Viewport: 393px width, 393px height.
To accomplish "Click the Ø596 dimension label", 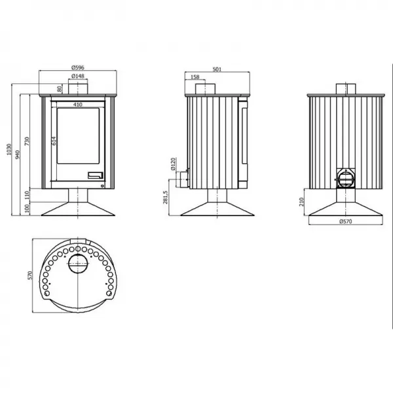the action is [x=78, y=67].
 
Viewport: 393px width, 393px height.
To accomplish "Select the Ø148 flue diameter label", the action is [x=78, y=76].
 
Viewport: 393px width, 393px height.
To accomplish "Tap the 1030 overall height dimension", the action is [x=9, y=149].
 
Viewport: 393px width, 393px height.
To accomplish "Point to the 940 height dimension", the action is [x=17, y=155].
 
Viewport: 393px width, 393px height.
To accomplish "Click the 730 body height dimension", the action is [x=27, y=141].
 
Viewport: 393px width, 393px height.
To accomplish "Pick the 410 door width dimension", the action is [x=78, y=105].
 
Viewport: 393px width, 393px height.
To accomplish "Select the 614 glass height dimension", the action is [x=54, y=141].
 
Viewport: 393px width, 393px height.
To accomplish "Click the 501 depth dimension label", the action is [x=217, y=69].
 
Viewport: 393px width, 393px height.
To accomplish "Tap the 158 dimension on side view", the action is [x=195, y=77].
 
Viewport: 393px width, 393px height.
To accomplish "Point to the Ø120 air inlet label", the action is [x=173, y=164].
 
